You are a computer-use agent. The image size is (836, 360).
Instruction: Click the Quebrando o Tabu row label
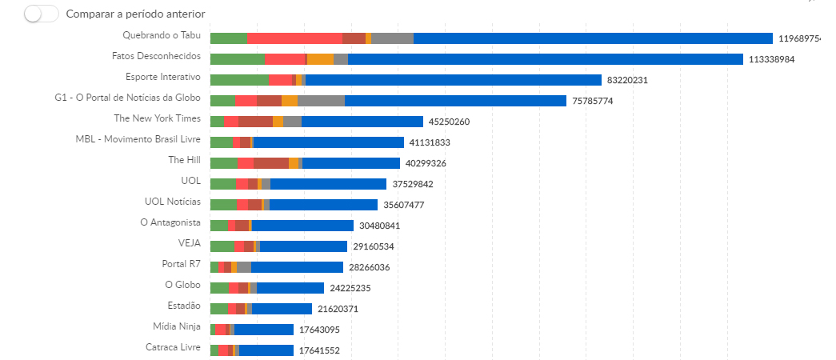(x=162, y=35)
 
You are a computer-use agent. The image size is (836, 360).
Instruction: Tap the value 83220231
(x=627, y=80)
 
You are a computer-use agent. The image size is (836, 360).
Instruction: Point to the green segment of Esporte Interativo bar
(x=238, y=80)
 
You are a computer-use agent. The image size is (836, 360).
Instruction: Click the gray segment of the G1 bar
(x=321, y=101)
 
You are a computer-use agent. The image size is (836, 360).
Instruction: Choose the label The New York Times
(x=157, y=118)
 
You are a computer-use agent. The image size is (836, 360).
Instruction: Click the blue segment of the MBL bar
(x=328, y=142)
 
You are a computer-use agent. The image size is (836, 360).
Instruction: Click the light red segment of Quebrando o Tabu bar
(x=294, y=38)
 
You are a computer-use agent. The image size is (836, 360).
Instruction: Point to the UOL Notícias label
(x=172, y=202)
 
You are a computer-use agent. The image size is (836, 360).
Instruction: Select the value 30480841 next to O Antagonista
(x=379, y=226)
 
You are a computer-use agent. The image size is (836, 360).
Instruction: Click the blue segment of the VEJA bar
(x=303, y=246)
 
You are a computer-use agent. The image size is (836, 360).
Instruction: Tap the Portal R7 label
(x=181, y=264)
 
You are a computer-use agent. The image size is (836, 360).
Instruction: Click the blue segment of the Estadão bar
(x=282, y=309)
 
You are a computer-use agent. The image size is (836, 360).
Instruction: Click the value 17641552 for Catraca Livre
(x=319, y=350)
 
